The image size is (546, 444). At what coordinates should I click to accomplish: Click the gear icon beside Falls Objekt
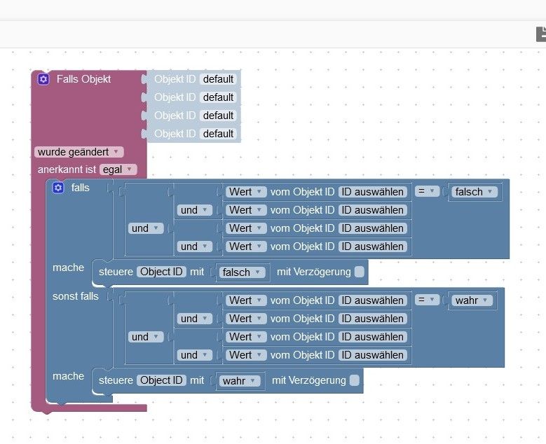43,79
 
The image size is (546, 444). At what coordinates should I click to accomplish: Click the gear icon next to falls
58,188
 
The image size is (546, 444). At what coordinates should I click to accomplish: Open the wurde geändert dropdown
79,151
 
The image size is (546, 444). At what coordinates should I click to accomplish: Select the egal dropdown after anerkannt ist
118,169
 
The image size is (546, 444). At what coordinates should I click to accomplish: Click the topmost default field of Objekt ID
218,79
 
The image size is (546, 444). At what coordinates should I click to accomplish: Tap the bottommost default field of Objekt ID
218,134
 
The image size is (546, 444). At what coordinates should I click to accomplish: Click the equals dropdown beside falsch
427,191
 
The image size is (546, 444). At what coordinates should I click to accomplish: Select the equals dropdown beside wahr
427,300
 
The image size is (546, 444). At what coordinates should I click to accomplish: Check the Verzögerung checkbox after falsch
359,272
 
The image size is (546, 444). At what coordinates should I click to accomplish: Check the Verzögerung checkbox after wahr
354,380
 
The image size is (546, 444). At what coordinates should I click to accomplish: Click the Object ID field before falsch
162,272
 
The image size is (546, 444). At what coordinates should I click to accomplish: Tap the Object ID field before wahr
162,380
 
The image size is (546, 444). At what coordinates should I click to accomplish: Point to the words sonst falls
76,296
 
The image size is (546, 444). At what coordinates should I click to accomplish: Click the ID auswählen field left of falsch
373,192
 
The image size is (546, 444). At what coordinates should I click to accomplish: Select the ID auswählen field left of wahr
373,300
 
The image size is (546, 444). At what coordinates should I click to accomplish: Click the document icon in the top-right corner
540,34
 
